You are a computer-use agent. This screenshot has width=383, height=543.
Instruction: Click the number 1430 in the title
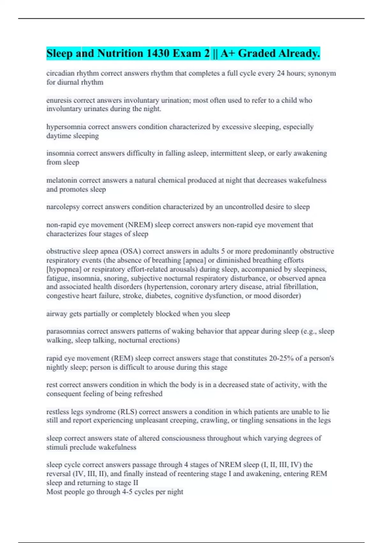coord(157,53)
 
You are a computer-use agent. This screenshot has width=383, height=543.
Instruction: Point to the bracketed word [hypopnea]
coord(64,269)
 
